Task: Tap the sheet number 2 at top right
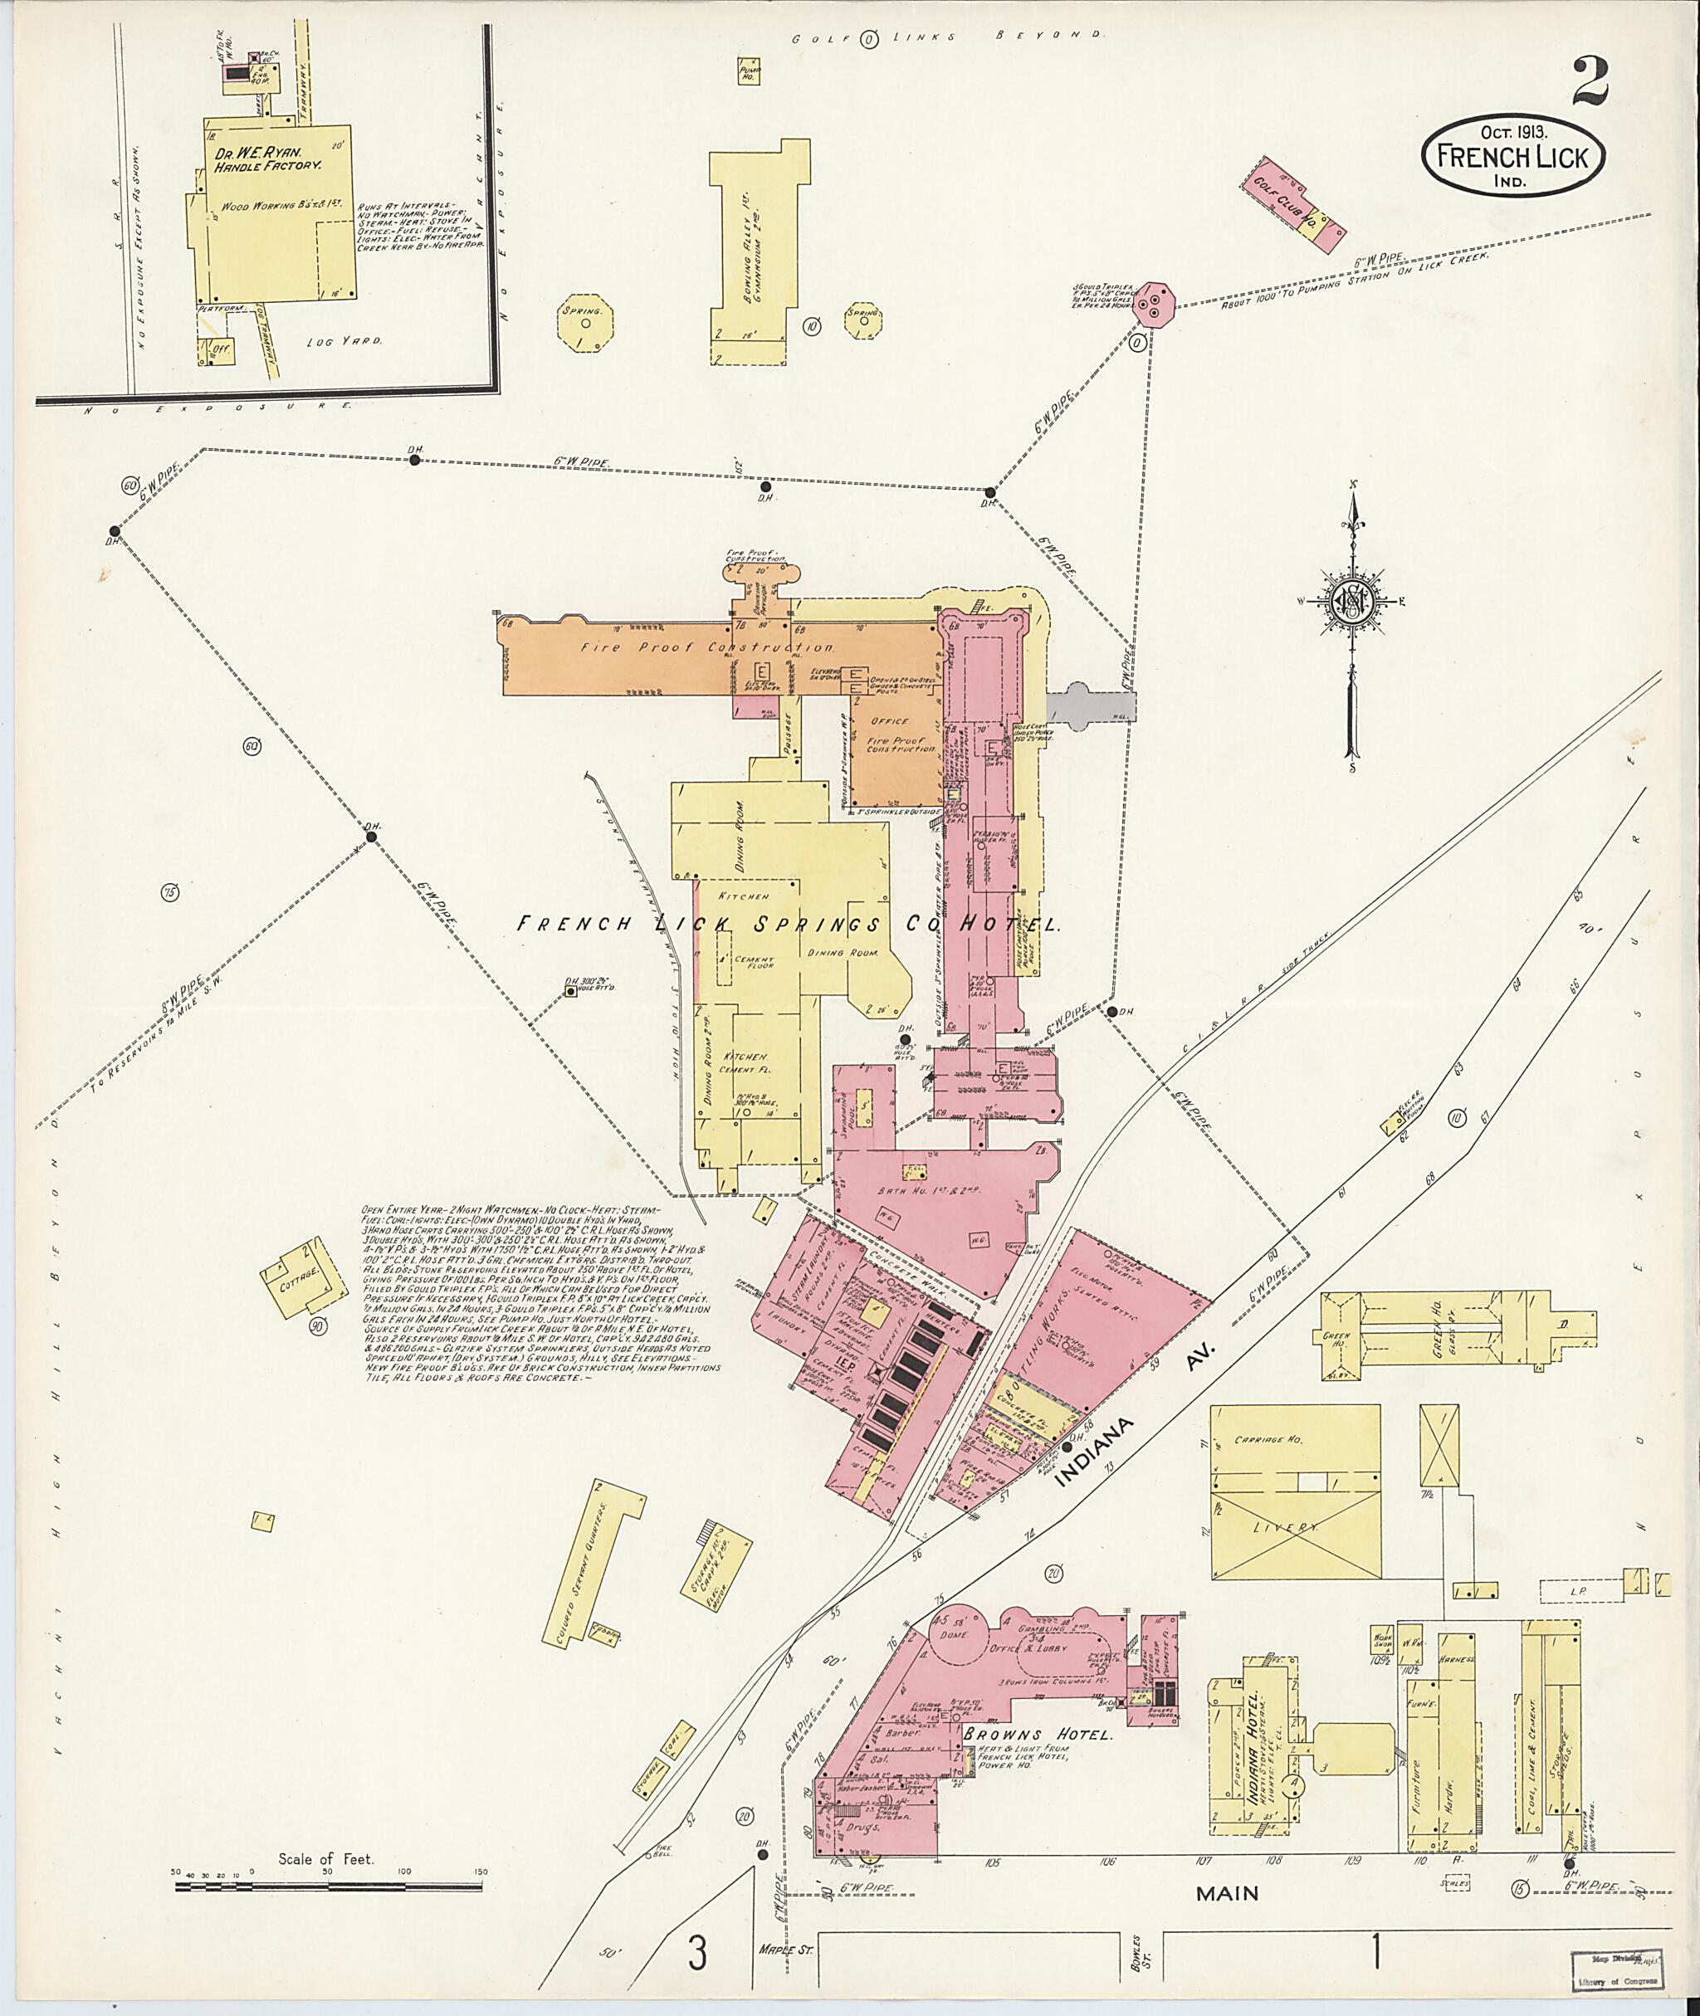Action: [x=1590, y=82]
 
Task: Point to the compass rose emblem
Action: [x=1353, y=602]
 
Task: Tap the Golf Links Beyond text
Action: [x=947, y=37]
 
